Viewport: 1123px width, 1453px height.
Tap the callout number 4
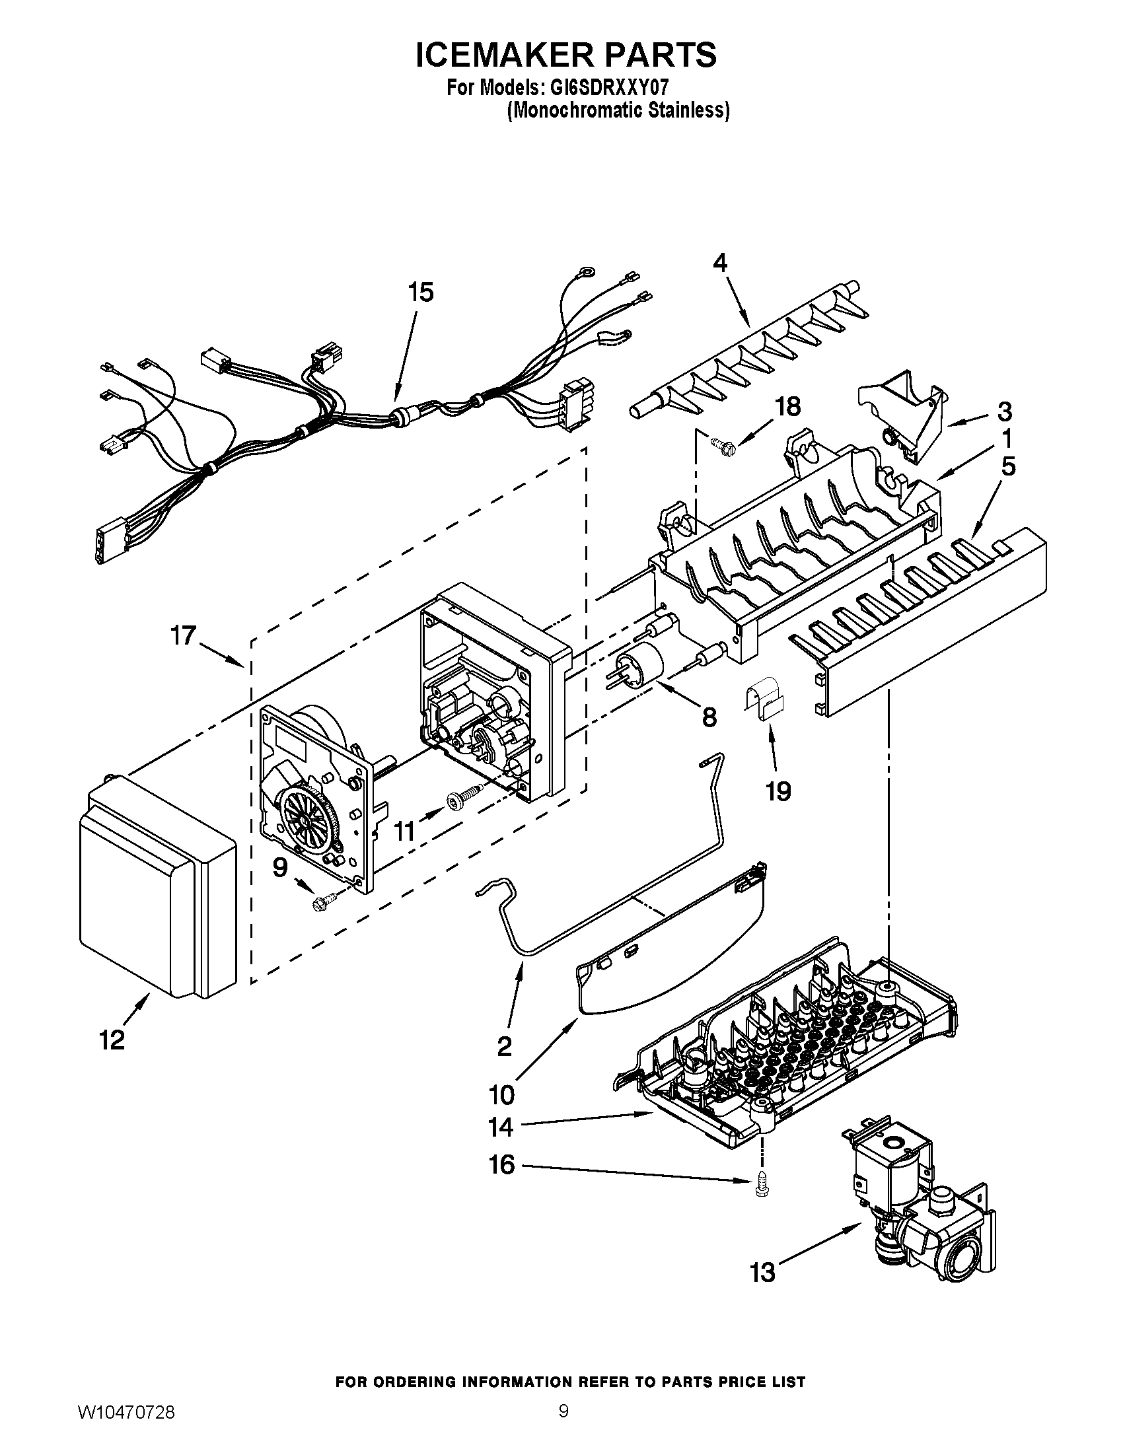[720, 264]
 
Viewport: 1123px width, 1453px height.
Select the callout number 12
[112, 1039]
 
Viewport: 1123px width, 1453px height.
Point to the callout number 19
[778, 791]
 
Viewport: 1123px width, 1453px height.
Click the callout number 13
[763, 1273]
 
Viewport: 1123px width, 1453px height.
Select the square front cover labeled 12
[157, 892]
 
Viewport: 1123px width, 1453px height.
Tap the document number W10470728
[126, 1427]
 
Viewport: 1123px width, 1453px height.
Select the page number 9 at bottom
[563, 1425]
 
